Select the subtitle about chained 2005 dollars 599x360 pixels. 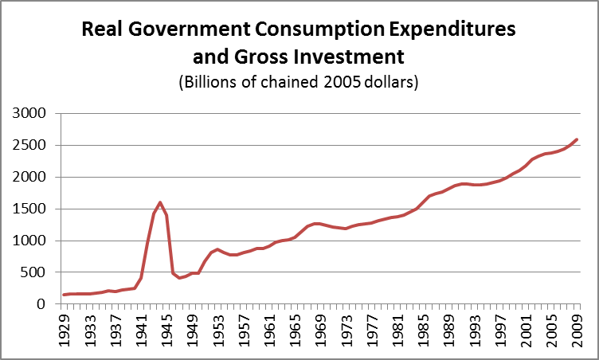point(299,82)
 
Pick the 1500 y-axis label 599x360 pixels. point(30,209)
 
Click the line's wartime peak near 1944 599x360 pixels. point(160,202)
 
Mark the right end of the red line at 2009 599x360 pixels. point(577,139)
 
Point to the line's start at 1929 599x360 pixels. point(65,295)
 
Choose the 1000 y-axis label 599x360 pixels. point(30,241)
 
